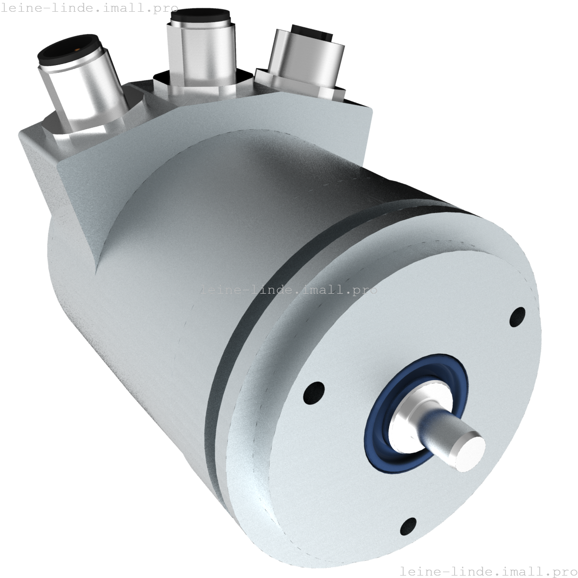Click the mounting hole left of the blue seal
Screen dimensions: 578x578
coord(314,392)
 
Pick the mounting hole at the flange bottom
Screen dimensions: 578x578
coord(408,527)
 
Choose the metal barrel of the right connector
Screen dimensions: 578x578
coord(306,59)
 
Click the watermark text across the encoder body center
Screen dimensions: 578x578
coord(288,289)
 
